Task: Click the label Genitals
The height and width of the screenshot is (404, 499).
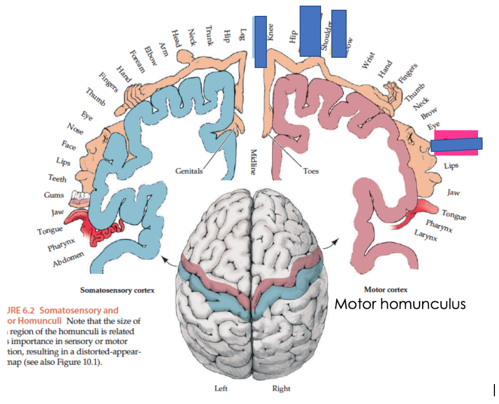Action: pos(189,171)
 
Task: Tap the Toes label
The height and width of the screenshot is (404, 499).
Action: pos(311,171)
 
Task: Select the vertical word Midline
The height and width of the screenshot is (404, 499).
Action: pos(253,162)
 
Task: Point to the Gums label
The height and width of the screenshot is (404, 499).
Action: pos(54,195)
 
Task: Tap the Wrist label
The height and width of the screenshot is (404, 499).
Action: pos(368,60)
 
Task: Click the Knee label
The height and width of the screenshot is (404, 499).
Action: pos(270,33)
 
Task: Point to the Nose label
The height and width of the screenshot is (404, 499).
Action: pos(75,129)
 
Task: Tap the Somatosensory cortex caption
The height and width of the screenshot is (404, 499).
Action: pos(118,290)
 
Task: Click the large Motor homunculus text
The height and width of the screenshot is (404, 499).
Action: pos(400,304)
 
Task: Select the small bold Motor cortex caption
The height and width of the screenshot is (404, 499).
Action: pos(385,289)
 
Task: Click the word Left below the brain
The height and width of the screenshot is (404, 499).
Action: pos(221,389)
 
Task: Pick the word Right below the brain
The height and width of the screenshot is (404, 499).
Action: pos(281,389)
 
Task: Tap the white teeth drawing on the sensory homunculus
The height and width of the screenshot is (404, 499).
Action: pos(81,197)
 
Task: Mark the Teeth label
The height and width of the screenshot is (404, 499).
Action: pos(57,178)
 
